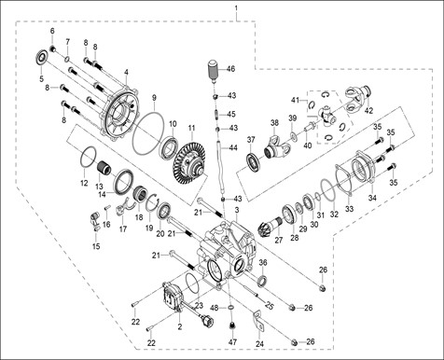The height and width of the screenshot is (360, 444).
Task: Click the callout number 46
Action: pos(230,68)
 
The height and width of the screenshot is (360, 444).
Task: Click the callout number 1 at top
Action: pos(236,7)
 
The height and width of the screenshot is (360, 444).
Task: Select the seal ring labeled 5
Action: pos(42,57)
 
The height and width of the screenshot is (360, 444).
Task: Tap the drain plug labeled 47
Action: pos(231,326)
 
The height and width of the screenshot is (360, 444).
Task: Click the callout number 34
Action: pos(372,198)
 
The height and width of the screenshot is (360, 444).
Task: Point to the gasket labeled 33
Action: pos(344,180)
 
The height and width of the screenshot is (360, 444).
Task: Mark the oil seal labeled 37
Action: pos(255,163)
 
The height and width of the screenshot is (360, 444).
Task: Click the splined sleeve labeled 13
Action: pos(104,170)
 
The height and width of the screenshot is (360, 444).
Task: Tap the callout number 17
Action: pos(123,229)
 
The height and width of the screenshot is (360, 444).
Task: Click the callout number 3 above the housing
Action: pos(237,210)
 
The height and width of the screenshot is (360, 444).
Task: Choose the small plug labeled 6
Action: pos(52,48)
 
